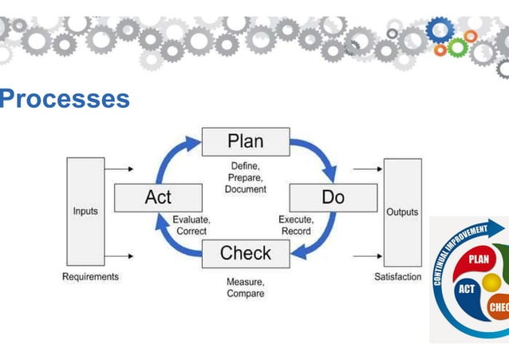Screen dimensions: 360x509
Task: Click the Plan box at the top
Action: pos(245,141)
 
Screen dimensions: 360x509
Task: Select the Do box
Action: pos(333,197)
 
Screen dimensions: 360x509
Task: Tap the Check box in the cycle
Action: pos(245,253)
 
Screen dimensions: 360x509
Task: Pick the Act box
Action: pos(157,197)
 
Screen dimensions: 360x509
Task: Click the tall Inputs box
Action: pos(85,212)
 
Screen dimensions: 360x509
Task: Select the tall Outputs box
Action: pos(402,212)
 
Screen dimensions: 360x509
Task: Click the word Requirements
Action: pos(90,277)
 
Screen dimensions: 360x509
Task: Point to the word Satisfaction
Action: pos(397,277)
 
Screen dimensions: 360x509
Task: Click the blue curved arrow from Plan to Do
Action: pos(317,155)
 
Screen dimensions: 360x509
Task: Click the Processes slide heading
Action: pos(64,99)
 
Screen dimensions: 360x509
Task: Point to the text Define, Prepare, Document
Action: pos(245,178)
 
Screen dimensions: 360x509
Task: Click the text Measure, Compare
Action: pos(245,287)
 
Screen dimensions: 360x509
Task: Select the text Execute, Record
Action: pos(296,225)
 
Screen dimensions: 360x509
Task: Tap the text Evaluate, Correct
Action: pos(191,225)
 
